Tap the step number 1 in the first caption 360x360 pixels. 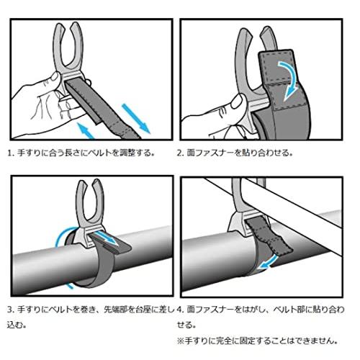[x=9, y=153]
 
